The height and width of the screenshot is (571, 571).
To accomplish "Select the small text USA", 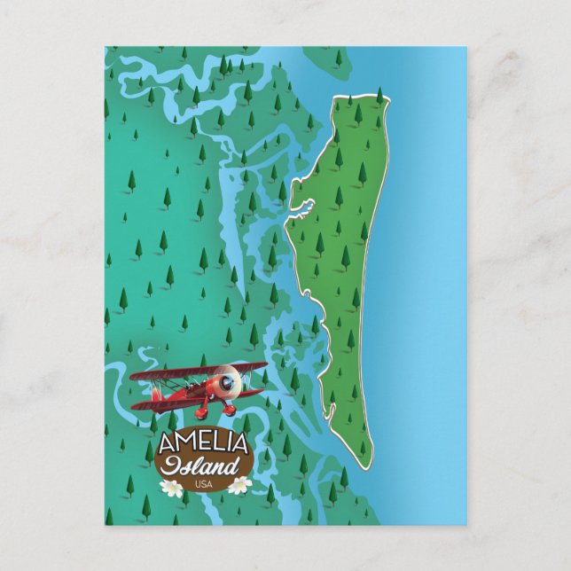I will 205,483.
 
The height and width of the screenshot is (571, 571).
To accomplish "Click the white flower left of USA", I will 172,487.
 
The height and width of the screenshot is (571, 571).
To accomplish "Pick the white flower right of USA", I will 239,485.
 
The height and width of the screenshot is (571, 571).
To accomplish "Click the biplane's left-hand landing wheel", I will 202,413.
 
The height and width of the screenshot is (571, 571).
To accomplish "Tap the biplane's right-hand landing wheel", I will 230,410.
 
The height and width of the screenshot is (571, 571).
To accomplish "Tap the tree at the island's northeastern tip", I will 379,96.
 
